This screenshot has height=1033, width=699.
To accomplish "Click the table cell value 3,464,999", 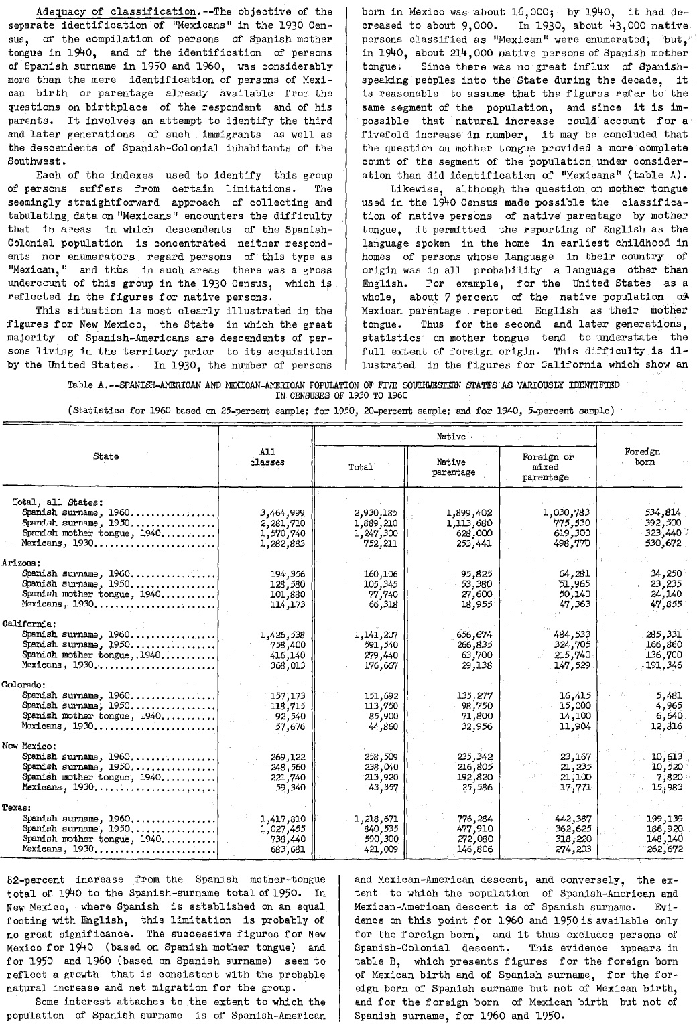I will [282, 513].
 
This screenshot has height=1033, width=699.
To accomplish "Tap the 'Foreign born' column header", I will [641, 457].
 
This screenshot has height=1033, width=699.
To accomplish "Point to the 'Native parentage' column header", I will [451, 467].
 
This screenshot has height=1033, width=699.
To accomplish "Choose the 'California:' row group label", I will [25, 624].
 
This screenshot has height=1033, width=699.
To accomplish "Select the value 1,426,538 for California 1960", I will [282, 635].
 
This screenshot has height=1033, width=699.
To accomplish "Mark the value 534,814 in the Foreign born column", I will [661, 513].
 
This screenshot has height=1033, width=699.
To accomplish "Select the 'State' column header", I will [106, 456].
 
